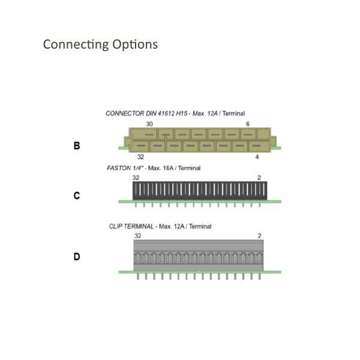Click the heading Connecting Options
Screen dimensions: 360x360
(x=100, y=44)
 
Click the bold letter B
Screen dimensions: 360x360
(x=77, y=146)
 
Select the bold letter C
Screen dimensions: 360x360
(x=77, y=196)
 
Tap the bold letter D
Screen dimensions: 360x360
(x=77, y=257)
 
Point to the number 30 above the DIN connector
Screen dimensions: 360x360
(x=149, y=124)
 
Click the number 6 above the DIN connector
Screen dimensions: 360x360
(x=247, y=124)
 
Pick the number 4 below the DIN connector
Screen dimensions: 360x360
(x=257, y=157)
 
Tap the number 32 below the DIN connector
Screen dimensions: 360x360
(x=140, y=157)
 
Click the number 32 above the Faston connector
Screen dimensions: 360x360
(x=136, y=178)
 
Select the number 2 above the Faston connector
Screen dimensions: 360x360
(x=259, y=178)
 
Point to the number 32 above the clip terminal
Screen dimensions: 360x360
(x=138, y=236)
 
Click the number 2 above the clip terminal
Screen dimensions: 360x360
(x=260, y=236)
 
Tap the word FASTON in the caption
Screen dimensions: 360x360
(x=119, y=168)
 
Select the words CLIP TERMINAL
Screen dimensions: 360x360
(x=131, y=226)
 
